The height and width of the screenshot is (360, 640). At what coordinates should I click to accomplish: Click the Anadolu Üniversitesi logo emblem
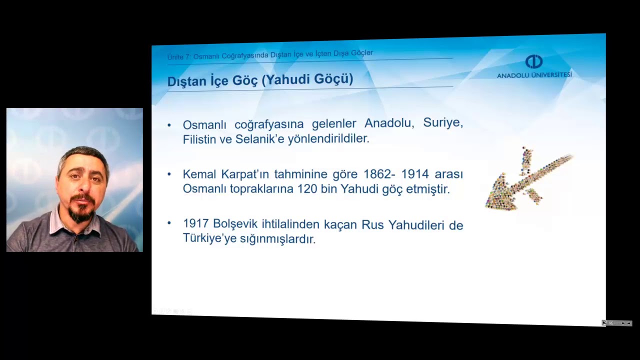pos(534,61)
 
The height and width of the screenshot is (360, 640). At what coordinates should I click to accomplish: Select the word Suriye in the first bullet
pos(443,122)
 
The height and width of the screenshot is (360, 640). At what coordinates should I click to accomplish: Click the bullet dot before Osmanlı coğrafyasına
pos(169,124)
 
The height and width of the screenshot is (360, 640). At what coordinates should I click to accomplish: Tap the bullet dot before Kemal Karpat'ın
pos(169,174)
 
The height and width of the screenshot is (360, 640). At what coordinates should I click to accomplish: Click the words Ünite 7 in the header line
pos(178,57)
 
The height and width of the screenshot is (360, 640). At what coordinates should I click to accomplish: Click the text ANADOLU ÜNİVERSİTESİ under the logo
pos(534,75)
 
